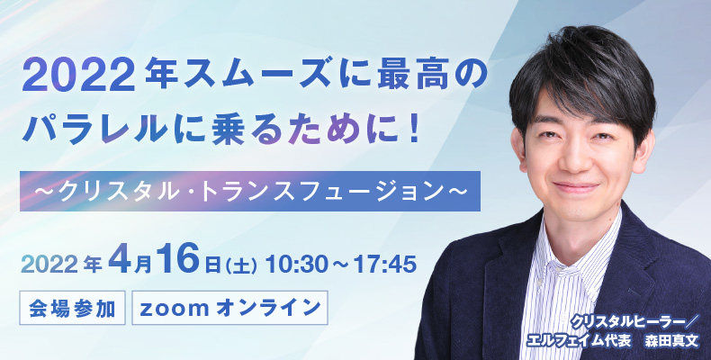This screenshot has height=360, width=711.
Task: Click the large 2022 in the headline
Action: (x=79, y=77)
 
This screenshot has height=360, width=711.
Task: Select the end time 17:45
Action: (x=385, y=265)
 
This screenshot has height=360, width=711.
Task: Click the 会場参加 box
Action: (x=72, y=308)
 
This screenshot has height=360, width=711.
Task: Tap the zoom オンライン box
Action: (x=229, y=308)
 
